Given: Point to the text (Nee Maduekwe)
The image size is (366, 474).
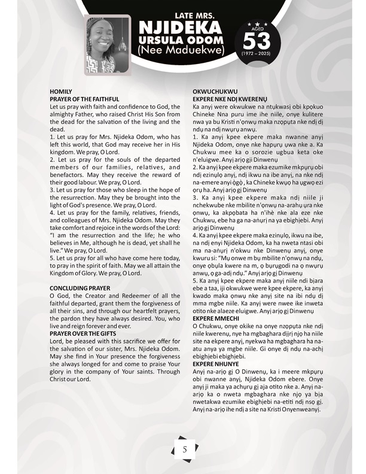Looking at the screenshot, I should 180,52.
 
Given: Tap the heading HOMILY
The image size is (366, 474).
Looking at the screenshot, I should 61,91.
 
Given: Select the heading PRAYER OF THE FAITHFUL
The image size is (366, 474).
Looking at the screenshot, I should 84,98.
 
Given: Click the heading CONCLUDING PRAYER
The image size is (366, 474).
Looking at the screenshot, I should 80,288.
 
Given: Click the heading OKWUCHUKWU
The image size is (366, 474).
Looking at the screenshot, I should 211,91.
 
